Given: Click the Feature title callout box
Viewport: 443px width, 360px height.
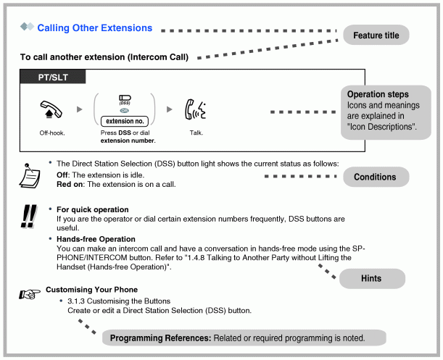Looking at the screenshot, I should [376, 35].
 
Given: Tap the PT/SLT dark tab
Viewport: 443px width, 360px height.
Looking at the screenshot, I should [53, 76].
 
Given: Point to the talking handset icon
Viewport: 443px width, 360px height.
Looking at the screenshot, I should [196, 110].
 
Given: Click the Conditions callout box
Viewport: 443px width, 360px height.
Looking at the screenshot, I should [374, 177].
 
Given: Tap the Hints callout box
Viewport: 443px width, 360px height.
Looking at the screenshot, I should [370, 278].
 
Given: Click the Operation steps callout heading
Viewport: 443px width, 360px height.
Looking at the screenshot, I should [377, 95].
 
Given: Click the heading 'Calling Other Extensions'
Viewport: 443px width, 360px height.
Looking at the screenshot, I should [95, 28].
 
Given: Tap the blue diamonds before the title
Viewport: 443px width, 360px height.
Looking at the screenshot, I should [28, 28].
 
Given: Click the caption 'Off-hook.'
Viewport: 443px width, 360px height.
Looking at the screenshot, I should [51, 133].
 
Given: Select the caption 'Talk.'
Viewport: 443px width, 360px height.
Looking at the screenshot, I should [196, 133].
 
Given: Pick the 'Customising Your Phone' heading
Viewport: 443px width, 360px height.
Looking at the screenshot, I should [91, 290].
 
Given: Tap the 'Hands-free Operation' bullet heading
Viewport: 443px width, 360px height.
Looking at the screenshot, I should [96, 239].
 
